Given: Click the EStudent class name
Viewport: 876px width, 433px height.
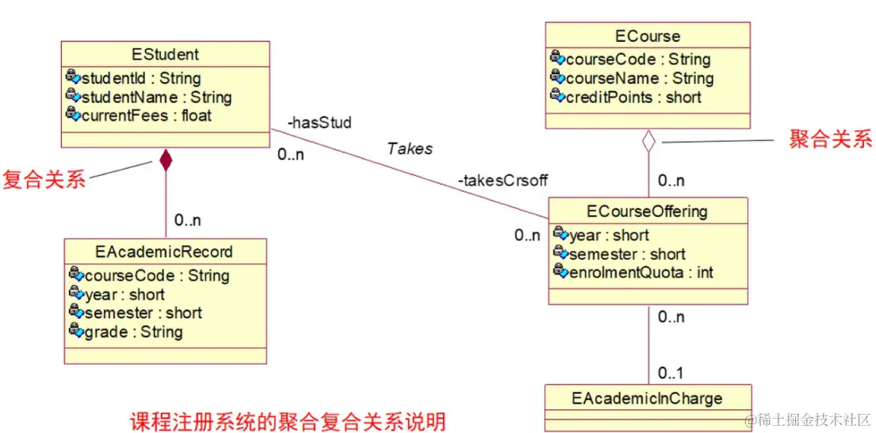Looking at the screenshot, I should tap(165, 55).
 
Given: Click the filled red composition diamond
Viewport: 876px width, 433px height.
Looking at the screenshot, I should tap(166, 160).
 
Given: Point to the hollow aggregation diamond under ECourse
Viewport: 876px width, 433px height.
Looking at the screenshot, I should tap(648, 141).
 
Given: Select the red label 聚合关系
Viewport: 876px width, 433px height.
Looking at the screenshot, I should tap(830, 140).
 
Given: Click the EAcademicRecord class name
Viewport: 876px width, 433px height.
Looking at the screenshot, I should tap(165, 251).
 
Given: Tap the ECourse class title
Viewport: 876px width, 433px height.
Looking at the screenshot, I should tap(648, 36).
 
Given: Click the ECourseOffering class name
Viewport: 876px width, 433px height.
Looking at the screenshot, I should tap(648, 211).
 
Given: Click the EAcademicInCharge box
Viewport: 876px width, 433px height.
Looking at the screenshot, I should tap(647, 397).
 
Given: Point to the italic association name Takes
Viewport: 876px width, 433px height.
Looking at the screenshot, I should tap(410, 148).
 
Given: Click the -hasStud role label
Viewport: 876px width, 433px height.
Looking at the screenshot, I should tap(319, 123).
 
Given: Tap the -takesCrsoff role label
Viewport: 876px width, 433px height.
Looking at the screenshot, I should tap(503, 180).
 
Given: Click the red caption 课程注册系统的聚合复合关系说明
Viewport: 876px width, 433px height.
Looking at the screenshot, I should tap(287, 420).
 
